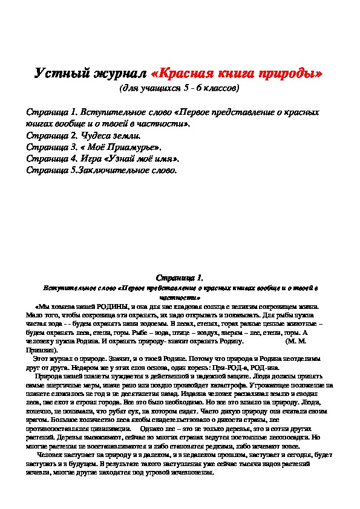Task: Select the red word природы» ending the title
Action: pos(290,75)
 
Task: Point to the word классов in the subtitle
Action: pos(218,88)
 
